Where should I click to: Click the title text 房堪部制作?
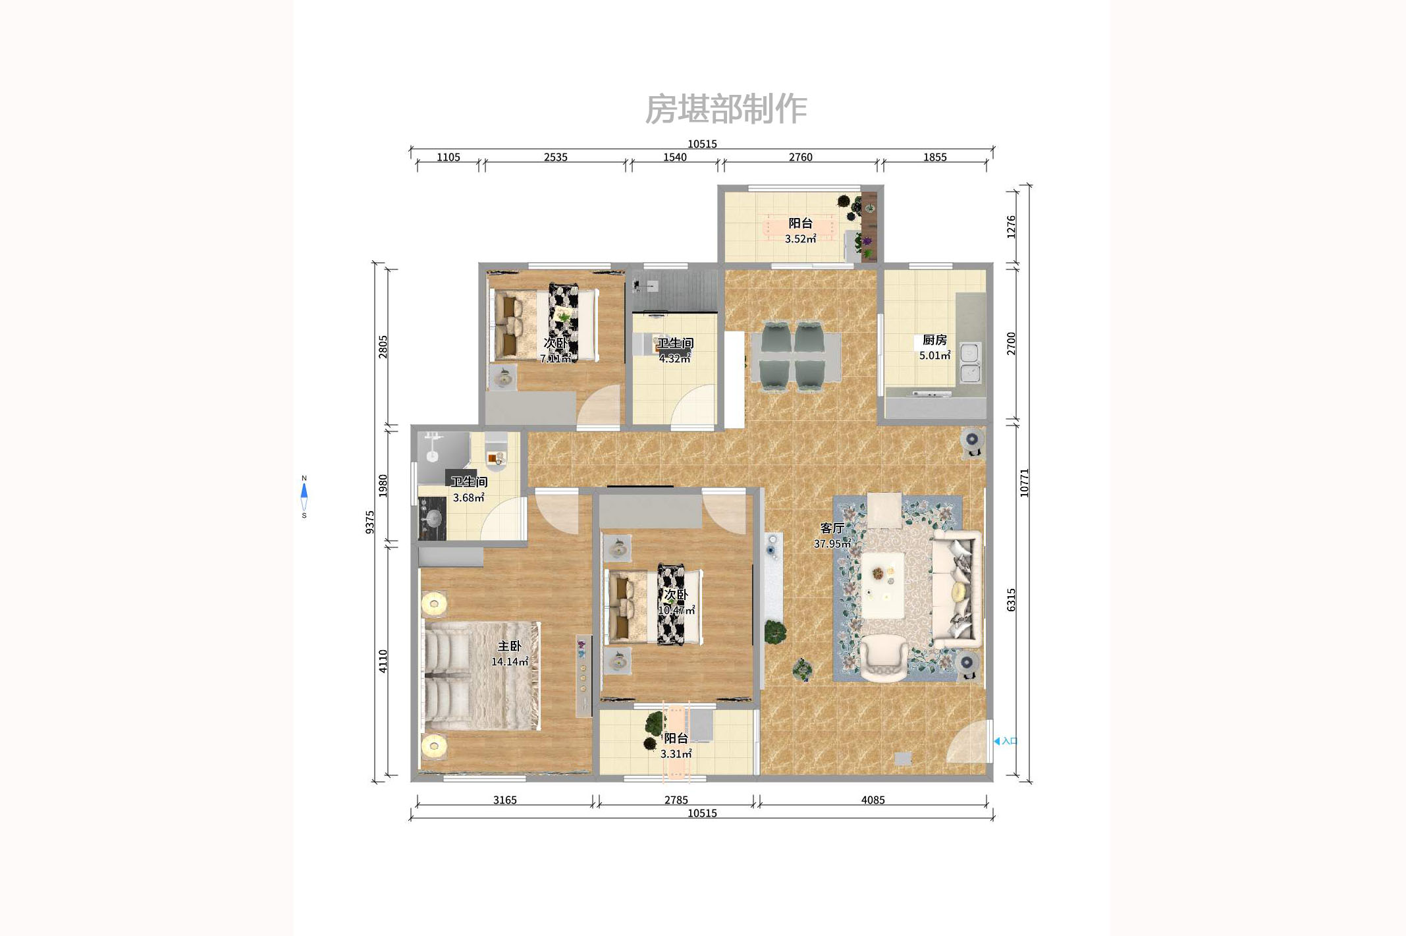(x=725, y=109)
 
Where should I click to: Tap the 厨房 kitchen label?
(x=934, y=340)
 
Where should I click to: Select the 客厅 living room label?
(x=832, y=528)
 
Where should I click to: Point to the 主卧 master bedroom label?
(x=509, y=646)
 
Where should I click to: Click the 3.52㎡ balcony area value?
(x=800, y=239)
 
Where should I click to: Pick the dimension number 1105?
(x=448, y=157)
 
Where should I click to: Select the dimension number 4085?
(x=873, y=800)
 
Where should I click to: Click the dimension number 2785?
(x=676, y=800)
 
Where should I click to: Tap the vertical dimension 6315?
(x=1012, y=600)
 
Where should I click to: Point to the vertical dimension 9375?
(x=370, y=522)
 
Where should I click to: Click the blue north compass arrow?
(x=304, y=491)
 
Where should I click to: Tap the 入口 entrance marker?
(x=1006, y=741)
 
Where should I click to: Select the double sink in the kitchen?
(x=970, y=363)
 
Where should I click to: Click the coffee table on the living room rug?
(x=882, y=585)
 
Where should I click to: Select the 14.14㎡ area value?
(x=509, y=662)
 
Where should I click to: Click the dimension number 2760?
(x=800, y=157)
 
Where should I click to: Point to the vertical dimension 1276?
(x=1012, y=227)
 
